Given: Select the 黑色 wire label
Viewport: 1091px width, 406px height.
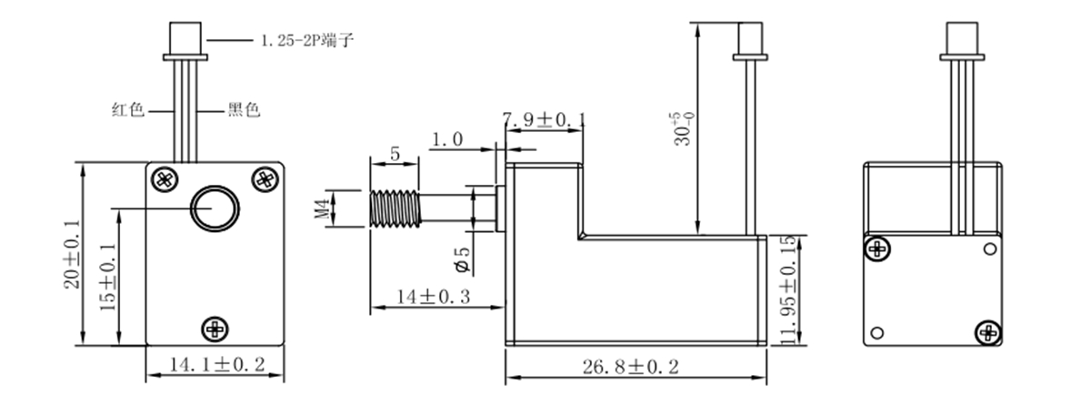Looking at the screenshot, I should point(244,110).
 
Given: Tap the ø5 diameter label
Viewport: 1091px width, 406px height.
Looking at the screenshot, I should point(461,259).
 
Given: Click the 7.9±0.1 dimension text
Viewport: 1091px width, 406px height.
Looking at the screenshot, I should point(544,119).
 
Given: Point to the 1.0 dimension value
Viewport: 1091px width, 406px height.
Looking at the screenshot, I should point(447,139).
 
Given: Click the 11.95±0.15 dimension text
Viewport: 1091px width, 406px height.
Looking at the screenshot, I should point(787,290).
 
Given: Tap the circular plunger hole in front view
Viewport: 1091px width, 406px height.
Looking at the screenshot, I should point(215,210).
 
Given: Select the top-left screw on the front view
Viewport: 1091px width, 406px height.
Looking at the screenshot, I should point(164,178).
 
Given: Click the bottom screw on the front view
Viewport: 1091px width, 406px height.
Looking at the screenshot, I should point(215,328).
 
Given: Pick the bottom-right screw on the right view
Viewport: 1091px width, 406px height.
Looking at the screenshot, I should point(988,334).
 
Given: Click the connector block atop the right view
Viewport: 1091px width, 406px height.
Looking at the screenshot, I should point(962,39).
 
